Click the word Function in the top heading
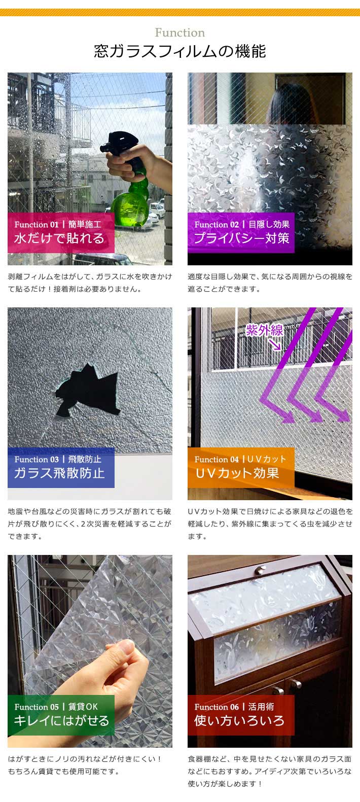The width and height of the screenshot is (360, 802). click(x=179, y=33)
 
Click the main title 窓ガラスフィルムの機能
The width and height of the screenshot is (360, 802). click(x=179, y=52)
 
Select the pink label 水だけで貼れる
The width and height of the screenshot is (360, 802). click(x=59, y=238)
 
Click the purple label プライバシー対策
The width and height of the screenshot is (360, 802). click(x=241, y=238)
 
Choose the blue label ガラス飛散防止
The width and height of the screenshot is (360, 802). click(x=59, y=473)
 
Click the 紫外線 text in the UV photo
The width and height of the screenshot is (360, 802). click(x=264, y=330)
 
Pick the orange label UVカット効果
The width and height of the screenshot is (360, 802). click(x=237, y=473)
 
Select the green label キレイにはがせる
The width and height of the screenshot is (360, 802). click(x=61, y=721)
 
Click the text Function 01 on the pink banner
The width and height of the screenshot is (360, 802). click(x=36, y=225)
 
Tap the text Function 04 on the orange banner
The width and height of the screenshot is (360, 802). click(x=216, y=460)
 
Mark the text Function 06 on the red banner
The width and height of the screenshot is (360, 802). click(x=216, y=707)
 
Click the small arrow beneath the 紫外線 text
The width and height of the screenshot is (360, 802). click(x=275, y=345)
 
